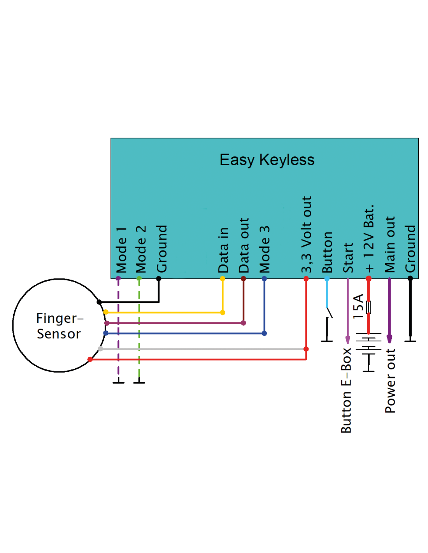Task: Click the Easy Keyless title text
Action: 267,160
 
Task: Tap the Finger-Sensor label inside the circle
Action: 59,326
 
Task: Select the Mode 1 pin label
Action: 121,250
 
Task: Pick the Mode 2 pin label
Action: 141,249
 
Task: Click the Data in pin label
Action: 223,250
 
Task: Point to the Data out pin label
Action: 244,245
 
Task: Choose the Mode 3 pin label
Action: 265,249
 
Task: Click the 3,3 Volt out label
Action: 307,234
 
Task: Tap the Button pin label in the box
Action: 327,252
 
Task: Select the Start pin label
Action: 348,257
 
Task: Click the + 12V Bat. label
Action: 369,238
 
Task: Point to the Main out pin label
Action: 389,245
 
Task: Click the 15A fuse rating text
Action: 358,306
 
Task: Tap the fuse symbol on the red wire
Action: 369,307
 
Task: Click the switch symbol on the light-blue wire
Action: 329,312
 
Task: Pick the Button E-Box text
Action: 346,390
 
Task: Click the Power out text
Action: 390,380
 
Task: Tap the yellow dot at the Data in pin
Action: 223,279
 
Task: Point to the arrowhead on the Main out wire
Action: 389,339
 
